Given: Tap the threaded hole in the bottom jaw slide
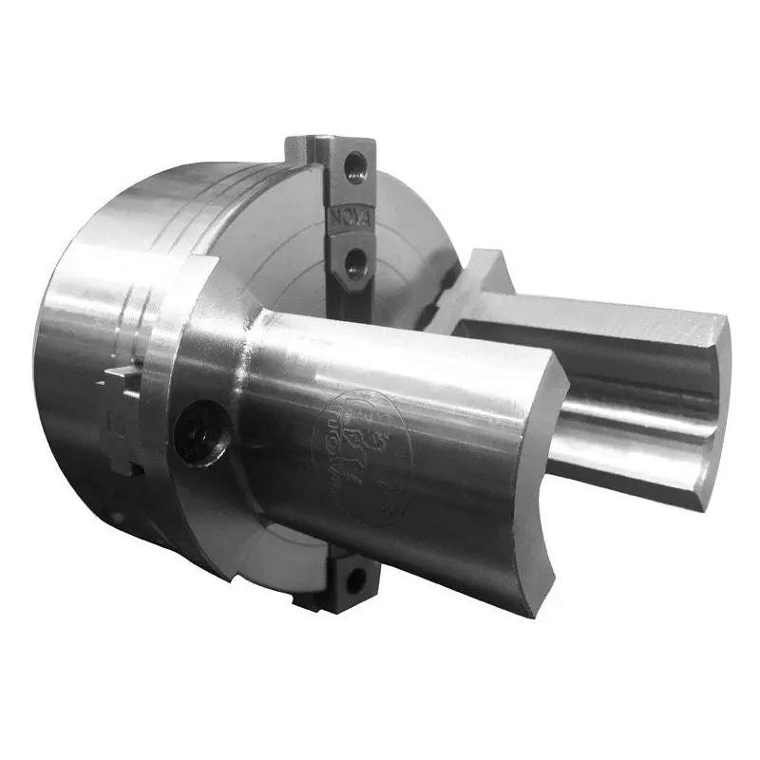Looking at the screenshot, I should coord(353,578).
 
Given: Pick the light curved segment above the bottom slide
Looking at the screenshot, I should coord(285,556).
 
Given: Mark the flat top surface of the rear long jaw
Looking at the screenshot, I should coord(608,313).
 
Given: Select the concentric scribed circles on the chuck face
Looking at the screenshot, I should coord(285,247).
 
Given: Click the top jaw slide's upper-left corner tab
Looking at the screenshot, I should coord(296,147).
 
